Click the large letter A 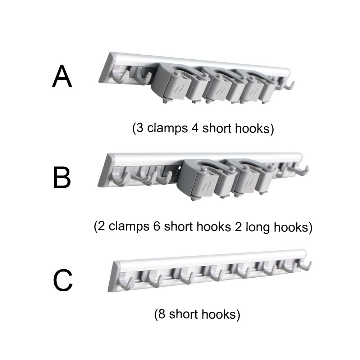pos(62,77)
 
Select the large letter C pos(63,281)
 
